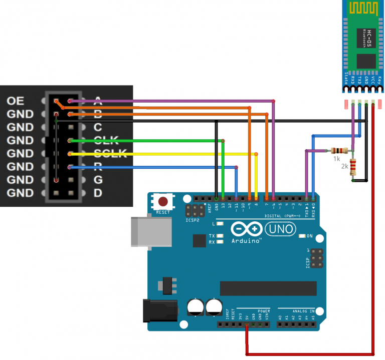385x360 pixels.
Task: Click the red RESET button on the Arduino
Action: [163, 202]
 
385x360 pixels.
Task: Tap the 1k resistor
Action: [340, 150]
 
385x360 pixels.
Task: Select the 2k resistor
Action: [353, 165]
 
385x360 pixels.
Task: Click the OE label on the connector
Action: [15, 101]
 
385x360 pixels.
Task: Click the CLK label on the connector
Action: [106, 141]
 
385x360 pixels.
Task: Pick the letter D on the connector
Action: [98, 193]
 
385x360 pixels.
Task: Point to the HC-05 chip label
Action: [369, 37]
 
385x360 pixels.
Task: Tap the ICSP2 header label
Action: [192, 219]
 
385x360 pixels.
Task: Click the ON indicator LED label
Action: [309, 235]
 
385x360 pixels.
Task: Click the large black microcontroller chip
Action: [268, 288]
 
